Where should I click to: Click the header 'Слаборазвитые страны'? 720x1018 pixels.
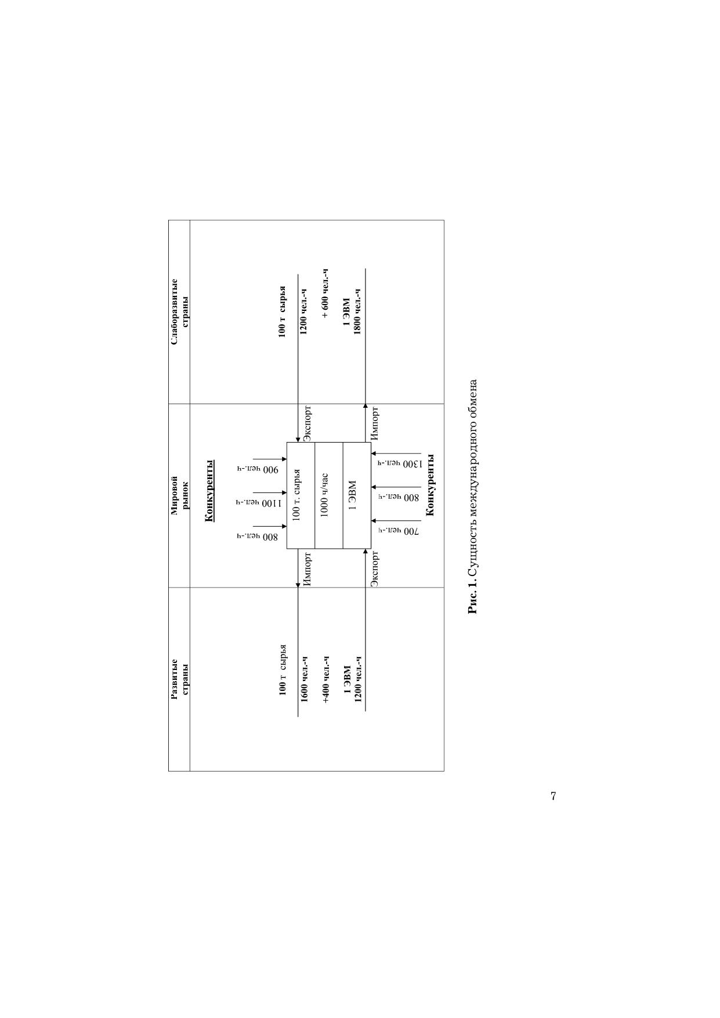(x=179, y=312)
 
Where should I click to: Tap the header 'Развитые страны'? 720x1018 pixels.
(x=179, y=676)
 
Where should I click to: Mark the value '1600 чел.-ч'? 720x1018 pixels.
(x=304, y=678)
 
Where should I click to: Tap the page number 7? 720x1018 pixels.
(x=553, y=796)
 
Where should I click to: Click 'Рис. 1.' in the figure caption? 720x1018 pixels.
(x=473, y=598)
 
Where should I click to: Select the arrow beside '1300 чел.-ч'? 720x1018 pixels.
(x=396, y=454)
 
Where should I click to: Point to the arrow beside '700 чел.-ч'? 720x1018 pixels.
(x=396, y=521)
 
